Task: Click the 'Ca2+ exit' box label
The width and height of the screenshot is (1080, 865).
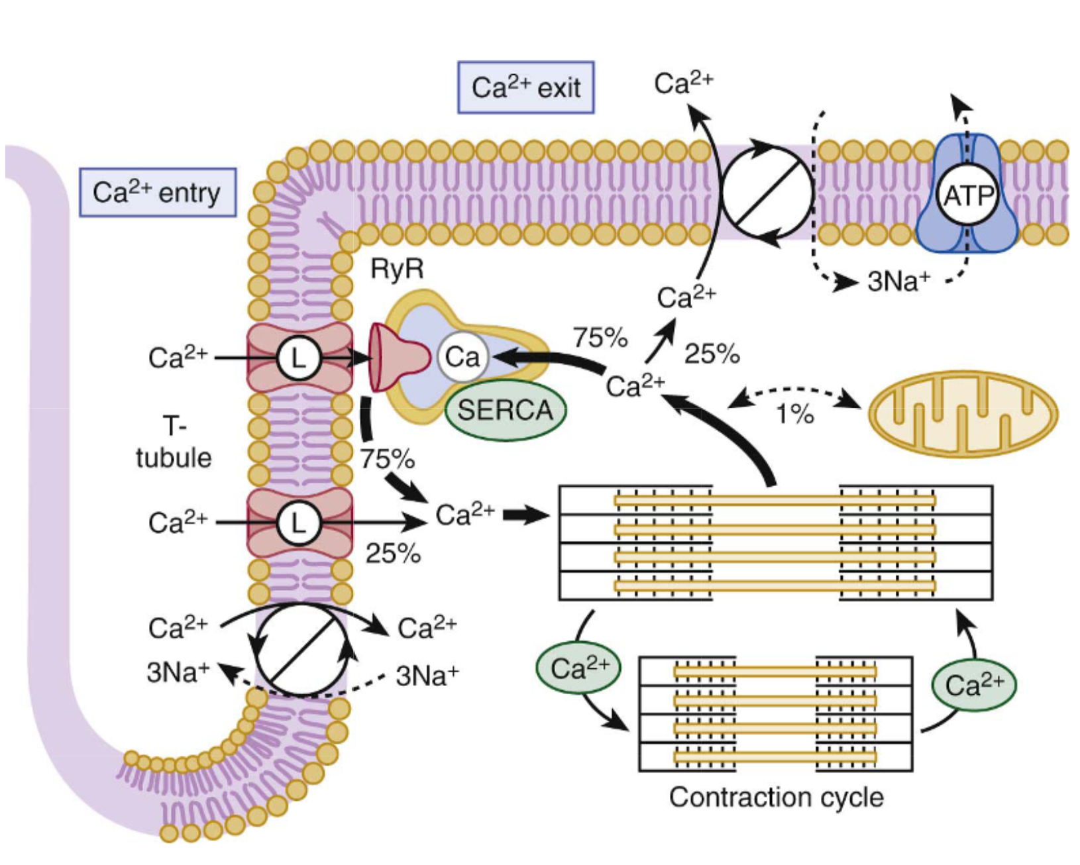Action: click(x=525, y=87)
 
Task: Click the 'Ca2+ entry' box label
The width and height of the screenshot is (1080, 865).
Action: click(x=158, y=193)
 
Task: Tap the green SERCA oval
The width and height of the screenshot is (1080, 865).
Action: click(x=505, y=410)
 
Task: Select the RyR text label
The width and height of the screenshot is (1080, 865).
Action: click(x=396, y=270)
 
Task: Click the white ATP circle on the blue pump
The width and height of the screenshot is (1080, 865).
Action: click(x=968, y=196)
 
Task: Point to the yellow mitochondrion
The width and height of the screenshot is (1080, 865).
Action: click(x=963, y=413)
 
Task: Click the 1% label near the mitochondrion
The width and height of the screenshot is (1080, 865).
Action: click(x=794, y=415)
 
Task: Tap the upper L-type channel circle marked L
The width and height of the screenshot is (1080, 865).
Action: click(x=299, y=358)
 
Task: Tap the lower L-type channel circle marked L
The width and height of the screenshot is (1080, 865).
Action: click(x=299, y=523)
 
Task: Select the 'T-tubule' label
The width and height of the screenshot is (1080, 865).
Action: click(x=174, y=442)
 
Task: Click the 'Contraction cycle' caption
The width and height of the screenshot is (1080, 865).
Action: click(x=776, y=797)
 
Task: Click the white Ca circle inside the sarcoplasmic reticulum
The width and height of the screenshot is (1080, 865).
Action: click(x=462, y=358)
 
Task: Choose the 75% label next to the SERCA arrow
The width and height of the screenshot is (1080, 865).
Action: click(x=600, y=338)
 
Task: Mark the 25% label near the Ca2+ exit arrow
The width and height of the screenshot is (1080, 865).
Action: click(x=712, y=354)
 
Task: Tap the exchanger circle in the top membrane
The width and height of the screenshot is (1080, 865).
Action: click(x=767, y=193)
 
